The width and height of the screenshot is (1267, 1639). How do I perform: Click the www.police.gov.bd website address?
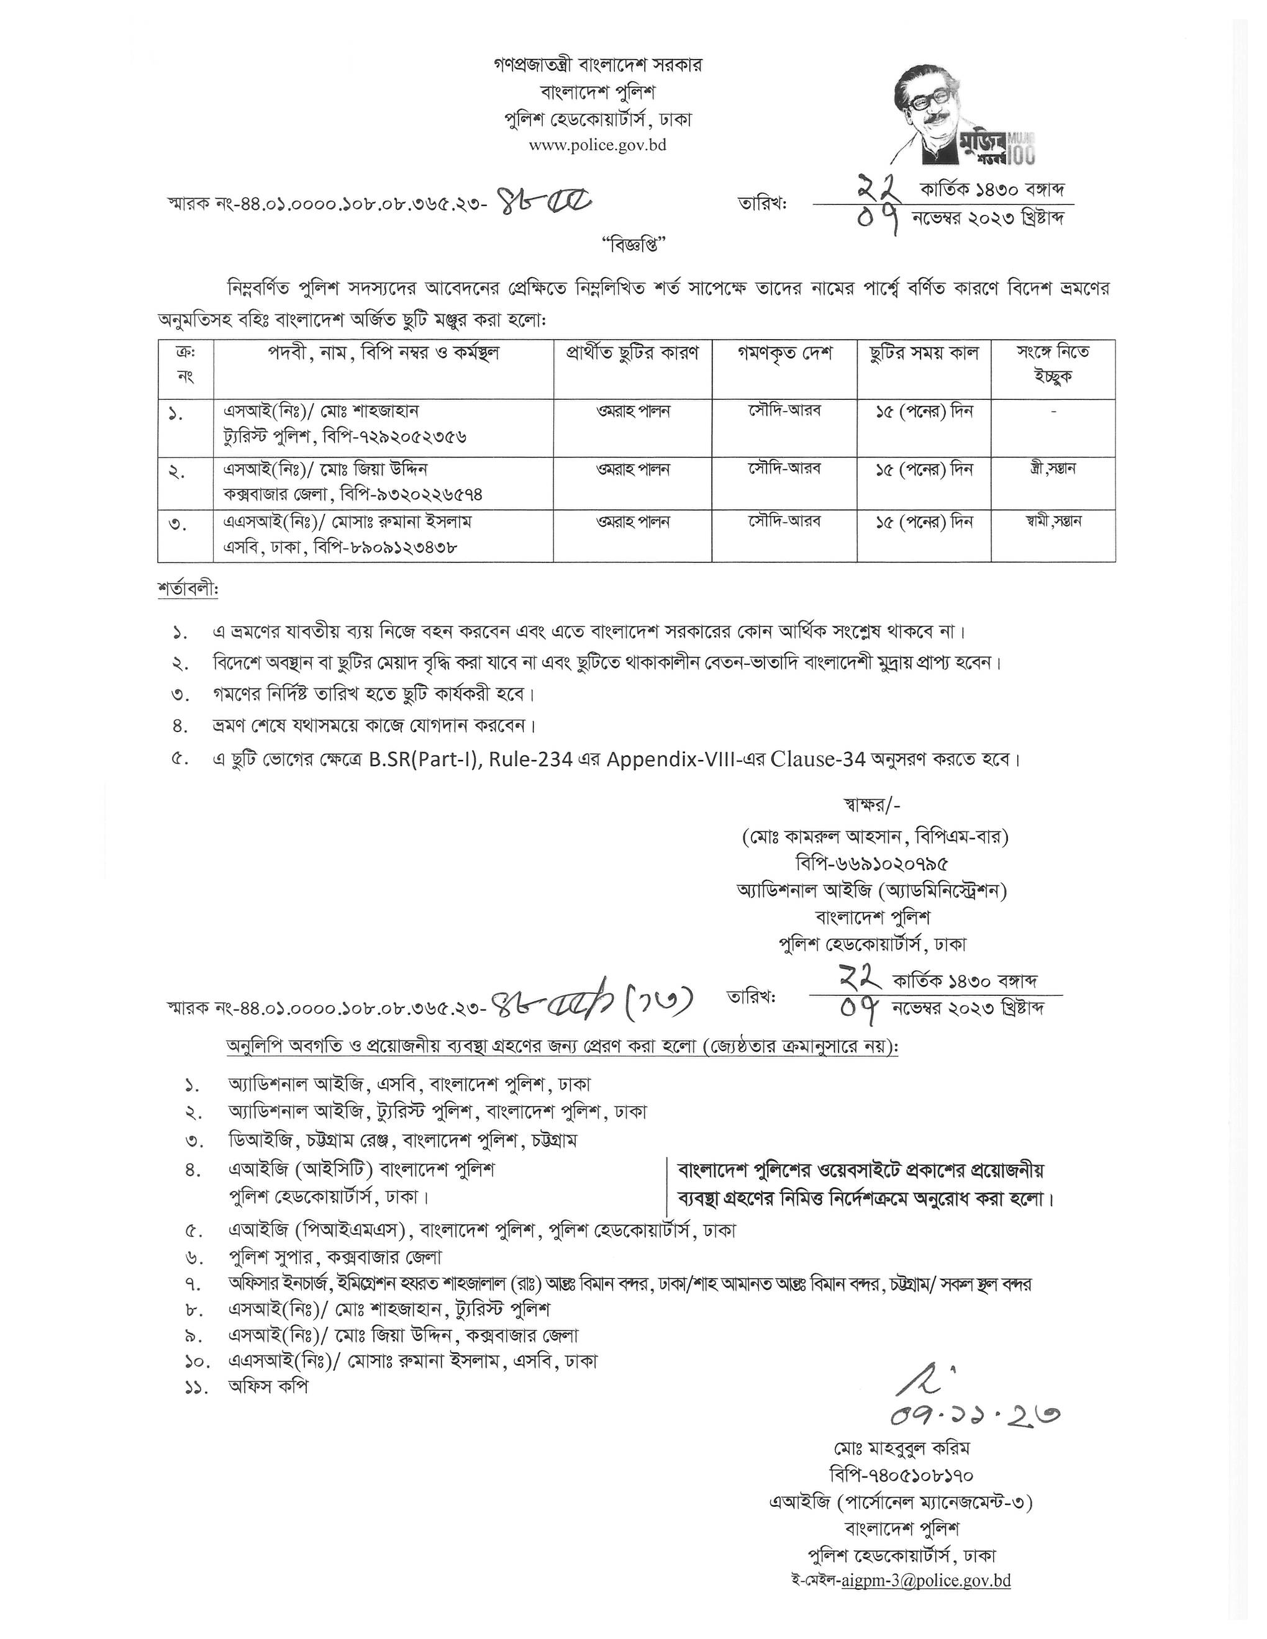pos(597,145)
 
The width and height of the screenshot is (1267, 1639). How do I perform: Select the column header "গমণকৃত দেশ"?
pos(784,353)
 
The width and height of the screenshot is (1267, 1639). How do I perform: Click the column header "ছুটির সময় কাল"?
pos(924,353)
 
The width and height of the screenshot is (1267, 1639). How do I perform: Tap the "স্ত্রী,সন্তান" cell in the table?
pos(1052,469)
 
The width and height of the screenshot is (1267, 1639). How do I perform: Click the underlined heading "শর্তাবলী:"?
pos(188,589)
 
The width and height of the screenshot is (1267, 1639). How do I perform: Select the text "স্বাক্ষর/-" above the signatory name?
pos(871,805)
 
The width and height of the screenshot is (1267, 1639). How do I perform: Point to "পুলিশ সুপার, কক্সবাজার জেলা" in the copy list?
pos(335,1257)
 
